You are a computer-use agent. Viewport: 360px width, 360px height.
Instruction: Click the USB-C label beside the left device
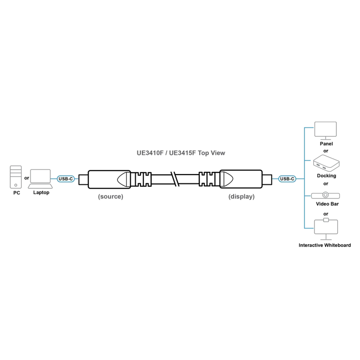click(x=66, y=179)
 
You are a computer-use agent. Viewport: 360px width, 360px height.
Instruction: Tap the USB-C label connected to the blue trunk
click(x=287, y=179)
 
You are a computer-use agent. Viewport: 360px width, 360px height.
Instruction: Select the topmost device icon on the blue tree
click(x=326, y=129)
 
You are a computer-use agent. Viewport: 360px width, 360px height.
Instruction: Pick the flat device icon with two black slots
click(x=326, y=196)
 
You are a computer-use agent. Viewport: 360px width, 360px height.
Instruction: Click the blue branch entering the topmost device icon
click(x=309, y=128)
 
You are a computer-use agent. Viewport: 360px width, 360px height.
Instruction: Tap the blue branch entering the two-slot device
click(x=308, y=196)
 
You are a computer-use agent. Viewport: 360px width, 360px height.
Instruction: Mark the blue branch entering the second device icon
click(x=309, y=160)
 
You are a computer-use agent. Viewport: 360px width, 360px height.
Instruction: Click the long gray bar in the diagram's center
click(x=181, y=153)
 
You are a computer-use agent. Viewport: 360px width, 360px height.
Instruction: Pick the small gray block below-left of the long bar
click(x=112, y=197)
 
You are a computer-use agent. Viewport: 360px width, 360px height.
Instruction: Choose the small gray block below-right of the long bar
click(x=241, y=196)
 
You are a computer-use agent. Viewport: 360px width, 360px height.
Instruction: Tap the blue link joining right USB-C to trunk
click(x=300, y=179)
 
